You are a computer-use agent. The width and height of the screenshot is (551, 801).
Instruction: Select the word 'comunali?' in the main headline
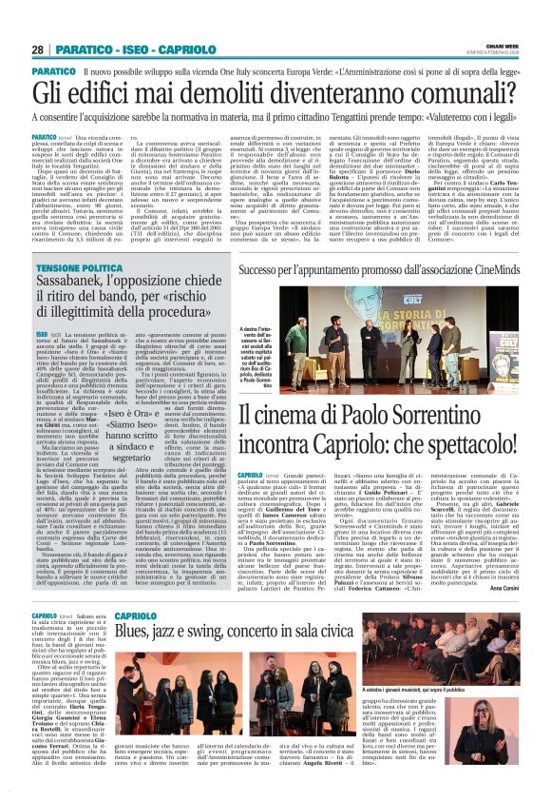click(453, 92)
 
